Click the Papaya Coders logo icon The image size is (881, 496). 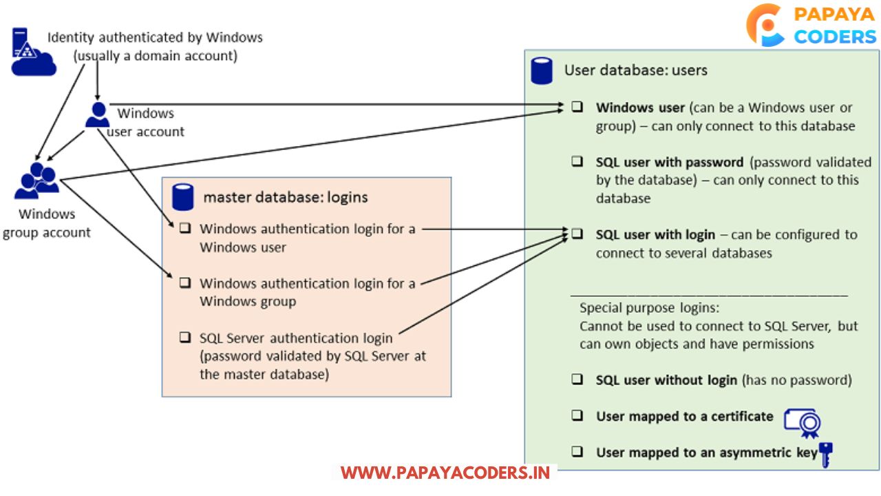[x=765, y=25]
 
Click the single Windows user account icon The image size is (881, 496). [x=97, y=115]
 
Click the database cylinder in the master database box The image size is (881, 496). [x=182, y=197]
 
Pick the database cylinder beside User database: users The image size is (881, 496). [x=542, y=70]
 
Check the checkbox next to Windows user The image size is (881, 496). [x=577, y=107]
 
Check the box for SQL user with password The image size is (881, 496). [x=577, y=162]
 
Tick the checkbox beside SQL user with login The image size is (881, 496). [x=577, y=234]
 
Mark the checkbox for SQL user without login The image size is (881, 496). [x=577, y=380]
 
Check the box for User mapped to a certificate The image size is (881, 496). [x=577, y=416]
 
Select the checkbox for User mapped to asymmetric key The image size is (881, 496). [x=577, y=452]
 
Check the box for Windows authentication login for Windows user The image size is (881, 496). [x=184, y=228]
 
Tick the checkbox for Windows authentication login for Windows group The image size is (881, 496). [x=184, y=282]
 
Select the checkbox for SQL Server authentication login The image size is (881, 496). [x=184, y=338]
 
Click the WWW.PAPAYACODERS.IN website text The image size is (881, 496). [x=445, y=473]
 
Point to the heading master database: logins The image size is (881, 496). [x=285, y=198]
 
